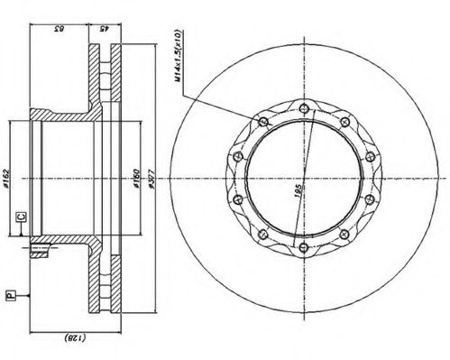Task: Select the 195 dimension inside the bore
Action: tap(298, 190)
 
